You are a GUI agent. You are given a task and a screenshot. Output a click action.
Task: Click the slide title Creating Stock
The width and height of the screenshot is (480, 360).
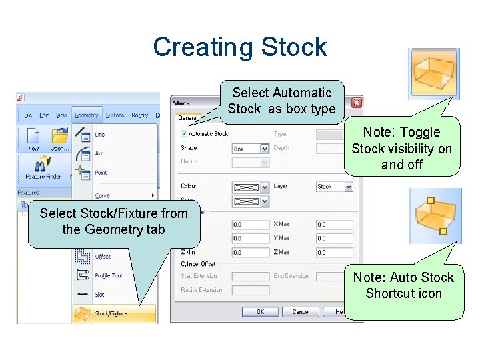[239, 47]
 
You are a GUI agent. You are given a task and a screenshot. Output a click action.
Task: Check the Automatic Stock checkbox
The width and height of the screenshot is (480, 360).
[184, 134]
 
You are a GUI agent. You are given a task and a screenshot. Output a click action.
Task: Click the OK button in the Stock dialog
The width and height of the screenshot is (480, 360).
[259, 311]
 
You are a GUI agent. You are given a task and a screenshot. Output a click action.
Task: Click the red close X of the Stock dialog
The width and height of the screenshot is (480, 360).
[357, 103]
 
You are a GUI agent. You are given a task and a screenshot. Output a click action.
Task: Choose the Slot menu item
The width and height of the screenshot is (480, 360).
[101, 293]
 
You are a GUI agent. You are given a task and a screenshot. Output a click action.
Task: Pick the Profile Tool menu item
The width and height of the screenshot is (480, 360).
[107, 275]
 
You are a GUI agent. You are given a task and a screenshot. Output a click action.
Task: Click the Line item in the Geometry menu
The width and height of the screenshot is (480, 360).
[100, 135]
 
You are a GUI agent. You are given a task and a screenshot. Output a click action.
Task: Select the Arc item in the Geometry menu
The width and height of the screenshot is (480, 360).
[99, 154]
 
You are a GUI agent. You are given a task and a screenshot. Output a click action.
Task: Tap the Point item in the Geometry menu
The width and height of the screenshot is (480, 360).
[101, 173]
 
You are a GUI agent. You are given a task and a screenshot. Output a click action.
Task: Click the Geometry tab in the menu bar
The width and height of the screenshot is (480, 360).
[86, 115]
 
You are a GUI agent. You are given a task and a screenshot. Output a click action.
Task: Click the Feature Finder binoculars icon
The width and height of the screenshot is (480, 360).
[44, 165]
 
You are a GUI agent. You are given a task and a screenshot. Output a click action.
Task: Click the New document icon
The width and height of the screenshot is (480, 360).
[33, 139]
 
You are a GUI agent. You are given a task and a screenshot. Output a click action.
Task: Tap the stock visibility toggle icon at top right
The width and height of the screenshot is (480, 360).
[433, 73]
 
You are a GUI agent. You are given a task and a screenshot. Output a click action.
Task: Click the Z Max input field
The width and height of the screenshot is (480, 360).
[330, 253]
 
